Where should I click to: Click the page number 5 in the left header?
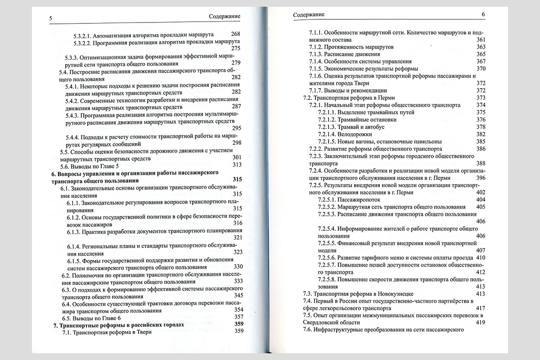point(51,18)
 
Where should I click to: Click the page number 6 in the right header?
point(483,14)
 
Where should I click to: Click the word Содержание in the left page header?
point(225,17)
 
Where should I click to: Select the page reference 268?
point(235,35)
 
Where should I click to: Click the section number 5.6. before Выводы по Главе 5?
point(66,165)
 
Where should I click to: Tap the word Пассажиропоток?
point(359,199)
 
